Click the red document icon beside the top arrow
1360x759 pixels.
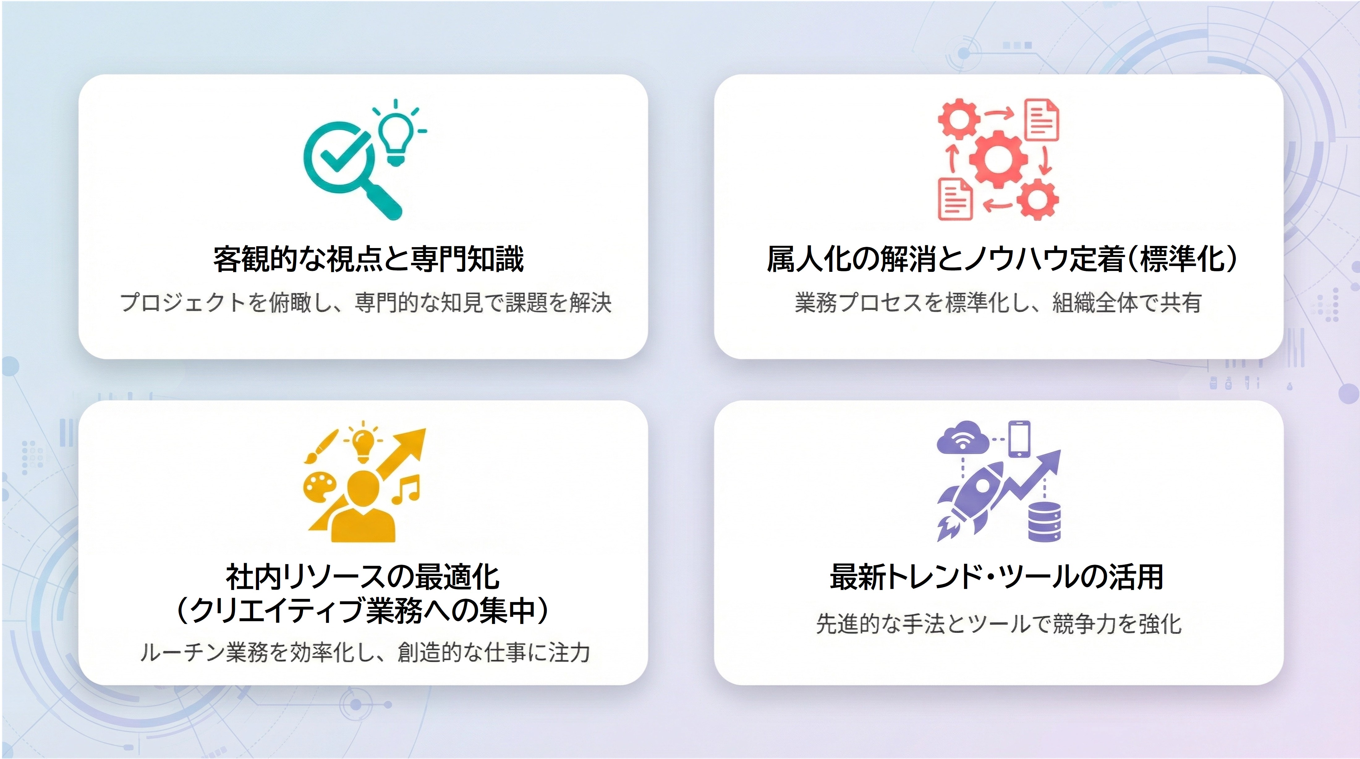click(1042, 120)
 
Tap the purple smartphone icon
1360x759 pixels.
click(1019, 439)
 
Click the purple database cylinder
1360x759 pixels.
click(1044, 521)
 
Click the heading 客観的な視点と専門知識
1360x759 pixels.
click(368, 259)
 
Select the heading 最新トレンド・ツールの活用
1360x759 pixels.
click(997, 576)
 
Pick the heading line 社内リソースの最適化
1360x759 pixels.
click(363, 577)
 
